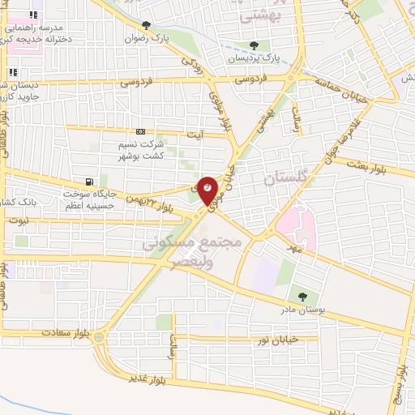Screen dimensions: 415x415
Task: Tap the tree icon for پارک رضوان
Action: [146, 26]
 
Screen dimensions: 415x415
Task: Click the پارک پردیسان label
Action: [259, 58]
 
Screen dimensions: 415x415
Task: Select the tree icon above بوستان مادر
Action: [302, 297]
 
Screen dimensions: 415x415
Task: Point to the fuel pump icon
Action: [89, 182]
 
